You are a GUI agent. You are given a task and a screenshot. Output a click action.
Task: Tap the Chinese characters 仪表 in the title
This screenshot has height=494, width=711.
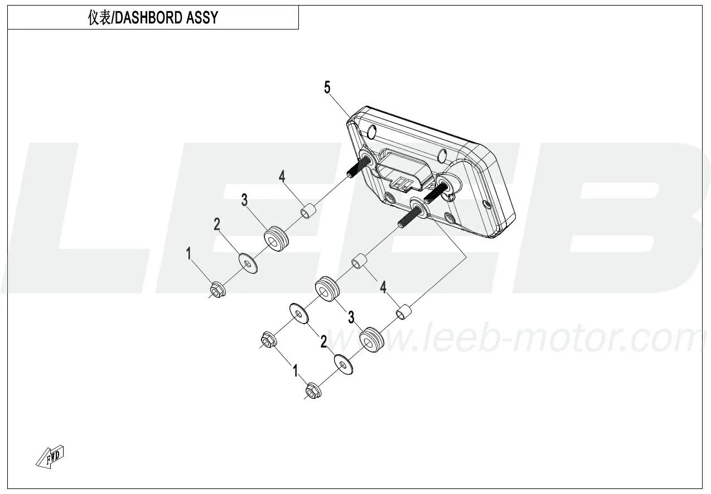point(99,18)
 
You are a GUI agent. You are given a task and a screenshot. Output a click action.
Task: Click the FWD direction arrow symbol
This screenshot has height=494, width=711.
point(50,456)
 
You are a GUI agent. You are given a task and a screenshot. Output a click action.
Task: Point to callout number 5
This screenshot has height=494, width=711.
point(327,87)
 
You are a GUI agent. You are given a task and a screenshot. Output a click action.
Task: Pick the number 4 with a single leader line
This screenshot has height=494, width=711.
point(282,177)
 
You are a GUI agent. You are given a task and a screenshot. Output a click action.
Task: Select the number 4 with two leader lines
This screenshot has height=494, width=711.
point(383,287)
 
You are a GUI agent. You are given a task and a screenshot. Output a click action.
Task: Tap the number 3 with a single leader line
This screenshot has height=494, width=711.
point(244,200)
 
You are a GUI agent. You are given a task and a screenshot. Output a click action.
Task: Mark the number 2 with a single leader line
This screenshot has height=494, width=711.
point(217,224)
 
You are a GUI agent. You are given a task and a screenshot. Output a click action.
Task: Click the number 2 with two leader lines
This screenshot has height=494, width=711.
point(323,342)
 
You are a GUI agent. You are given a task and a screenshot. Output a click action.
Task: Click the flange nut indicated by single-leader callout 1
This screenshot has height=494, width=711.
point(217,290)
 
